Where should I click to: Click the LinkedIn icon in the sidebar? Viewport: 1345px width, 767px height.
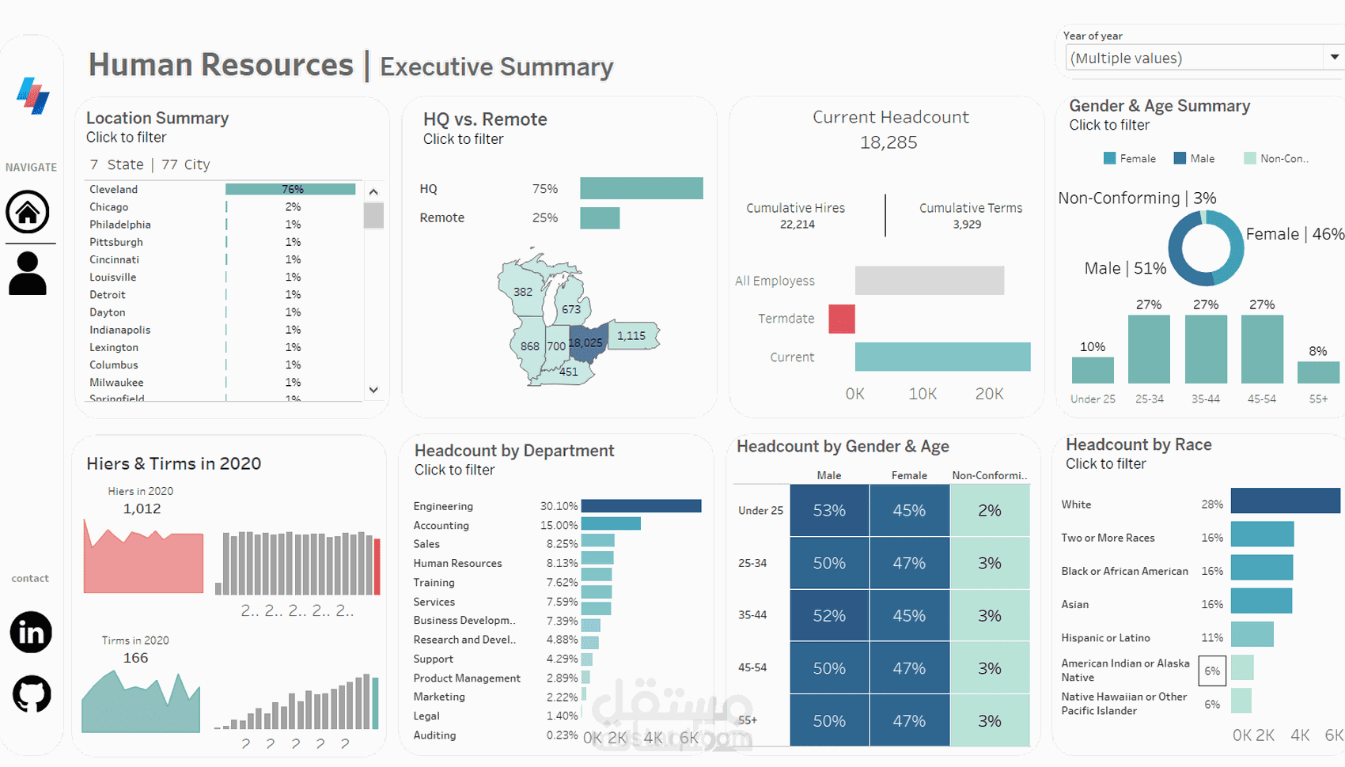point(31,633)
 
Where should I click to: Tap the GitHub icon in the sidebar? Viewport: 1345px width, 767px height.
point(32,694)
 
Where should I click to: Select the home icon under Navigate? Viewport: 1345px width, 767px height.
point(28,212)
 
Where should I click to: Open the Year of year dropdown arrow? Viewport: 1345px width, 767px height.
point(1334,58)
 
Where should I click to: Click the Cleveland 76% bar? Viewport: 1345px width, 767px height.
point(290,189)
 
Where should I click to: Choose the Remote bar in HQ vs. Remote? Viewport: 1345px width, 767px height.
point(600,218)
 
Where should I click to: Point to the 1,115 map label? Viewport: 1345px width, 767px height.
point(631,336)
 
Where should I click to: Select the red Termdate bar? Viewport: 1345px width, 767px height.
point(842,319)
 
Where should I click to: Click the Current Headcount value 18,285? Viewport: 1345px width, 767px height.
point(888,143)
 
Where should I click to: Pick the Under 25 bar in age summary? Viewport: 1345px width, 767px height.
point(1093,370)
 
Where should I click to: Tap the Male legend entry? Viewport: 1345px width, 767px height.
point(1194,159)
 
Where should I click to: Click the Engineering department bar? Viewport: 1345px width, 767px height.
point(641,506)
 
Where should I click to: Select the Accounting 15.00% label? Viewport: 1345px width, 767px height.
point(559,525)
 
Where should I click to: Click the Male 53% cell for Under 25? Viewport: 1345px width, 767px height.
point(829,511)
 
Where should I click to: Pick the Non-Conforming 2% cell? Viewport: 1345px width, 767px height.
point(990,511)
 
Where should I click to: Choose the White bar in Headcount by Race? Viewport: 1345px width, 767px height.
point(1285,501)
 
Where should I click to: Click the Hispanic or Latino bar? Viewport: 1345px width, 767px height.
point(1252,634)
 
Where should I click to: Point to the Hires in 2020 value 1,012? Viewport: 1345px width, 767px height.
point(142,509)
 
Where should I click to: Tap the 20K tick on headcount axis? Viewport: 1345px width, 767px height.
point(989,394)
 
